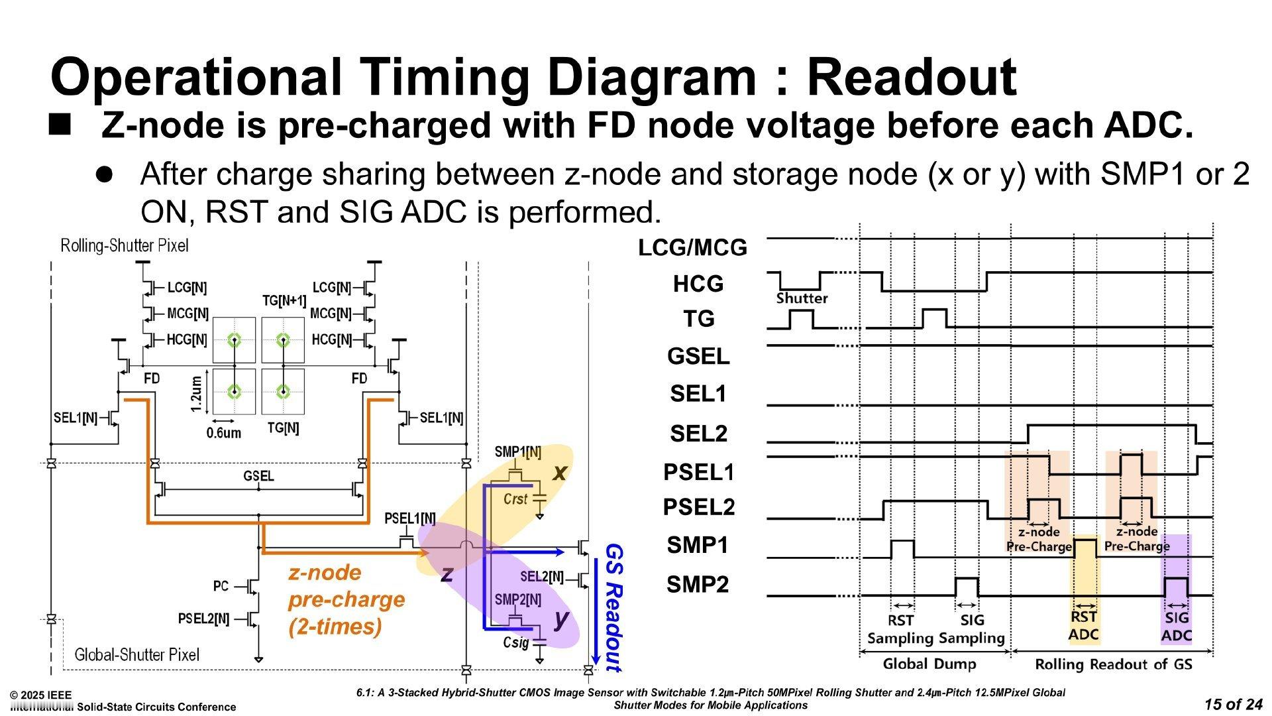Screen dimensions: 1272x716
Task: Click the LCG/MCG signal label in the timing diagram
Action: click(692, 248)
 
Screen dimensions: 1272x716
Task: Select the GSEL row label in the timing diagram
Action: click(698, 357)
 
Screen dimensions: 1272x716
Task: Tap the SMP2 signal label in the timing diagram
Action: click(698, 585)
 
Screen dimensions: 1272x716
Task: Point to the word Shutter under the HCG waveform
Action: click(802, 298)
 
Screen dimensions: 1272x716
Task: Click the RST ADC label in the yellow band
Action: click(1084, 626)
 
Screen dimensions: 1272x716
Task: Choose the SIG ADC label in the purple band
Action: click(1177, 626)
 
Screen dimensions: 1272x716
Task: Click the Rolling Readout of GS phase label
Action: click(1114, 664)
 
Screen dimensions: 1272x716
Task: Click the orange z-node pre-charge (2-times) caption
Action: click(346, 599)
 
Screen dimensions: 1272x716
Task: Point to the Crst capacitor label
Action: click(515, 499)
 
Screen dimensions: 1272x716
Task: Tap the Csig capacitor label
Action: click(516, 642)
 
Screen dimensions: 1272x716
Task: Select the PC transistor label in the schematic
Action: click(221, 586)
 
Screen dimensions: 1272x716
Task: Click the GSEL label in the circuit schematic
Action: click(258, 476)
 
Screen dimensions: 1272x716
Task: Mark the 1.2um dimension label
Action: click(195, 393)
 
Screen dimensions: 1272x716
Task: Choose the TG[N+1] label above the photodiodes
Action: click(284, 301)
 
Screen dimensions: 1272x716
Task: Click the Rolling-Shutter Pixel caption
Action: click(125, 246)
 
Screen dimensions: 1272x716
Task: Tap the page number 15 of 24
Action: click(1233, 704)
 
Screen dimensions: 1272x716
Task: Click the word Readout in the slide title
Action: click(912, 77)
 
